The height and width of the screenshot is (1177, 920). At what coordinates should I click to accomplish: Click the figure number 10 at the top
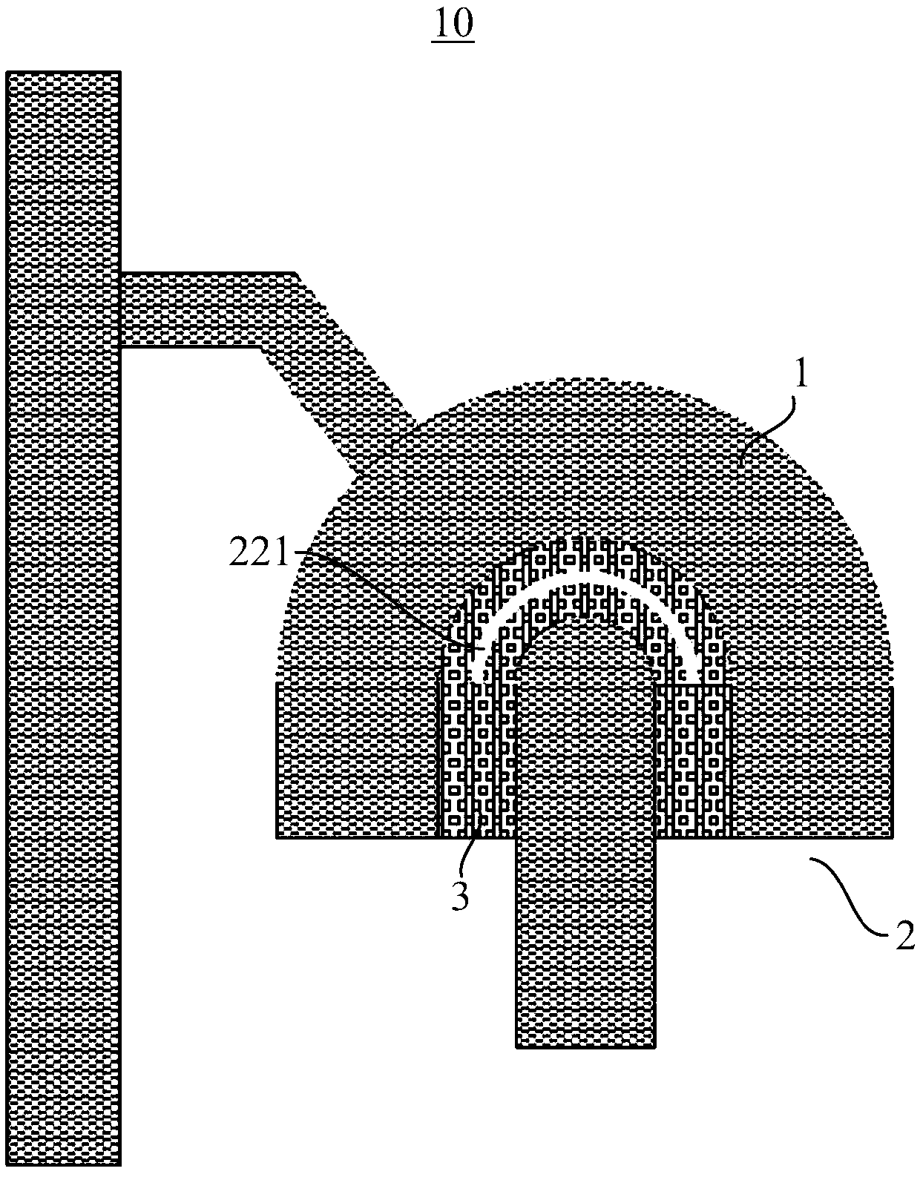(x=453, y=24)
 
